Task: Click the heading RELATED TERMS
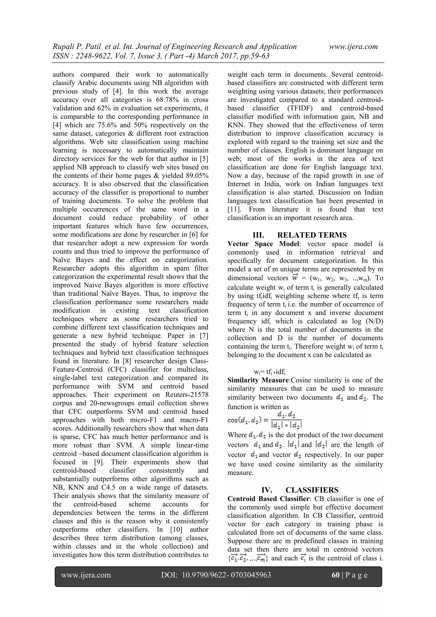pos(312,235)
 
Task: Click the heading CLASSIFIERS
pos(312,490)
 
